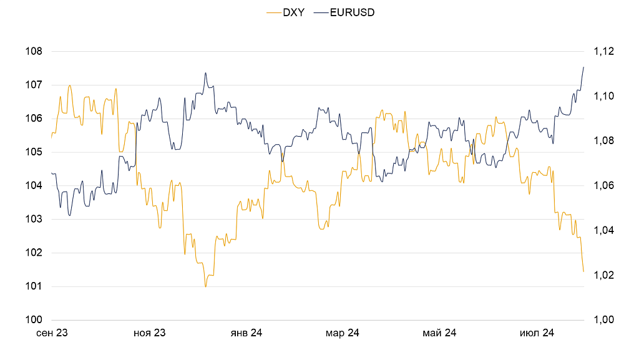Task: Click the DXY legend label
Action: coord(294,12)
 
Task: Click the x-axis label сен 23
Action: coord(52,333)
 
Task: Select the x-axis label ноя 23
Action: coord(149,333)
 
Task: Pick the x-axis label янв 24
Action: coord(246,333)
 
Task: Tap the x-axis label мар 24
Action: coord(343,333)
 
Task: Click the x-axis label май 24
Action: coord(439,333)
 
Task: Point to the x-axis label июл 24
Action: coord(537,333)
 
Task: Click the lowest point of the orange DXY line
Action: coord(205,286)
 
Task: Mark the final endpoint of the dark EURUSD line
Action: coord(583,67)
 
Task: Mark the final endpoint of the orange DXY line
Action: coord(583,271)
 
